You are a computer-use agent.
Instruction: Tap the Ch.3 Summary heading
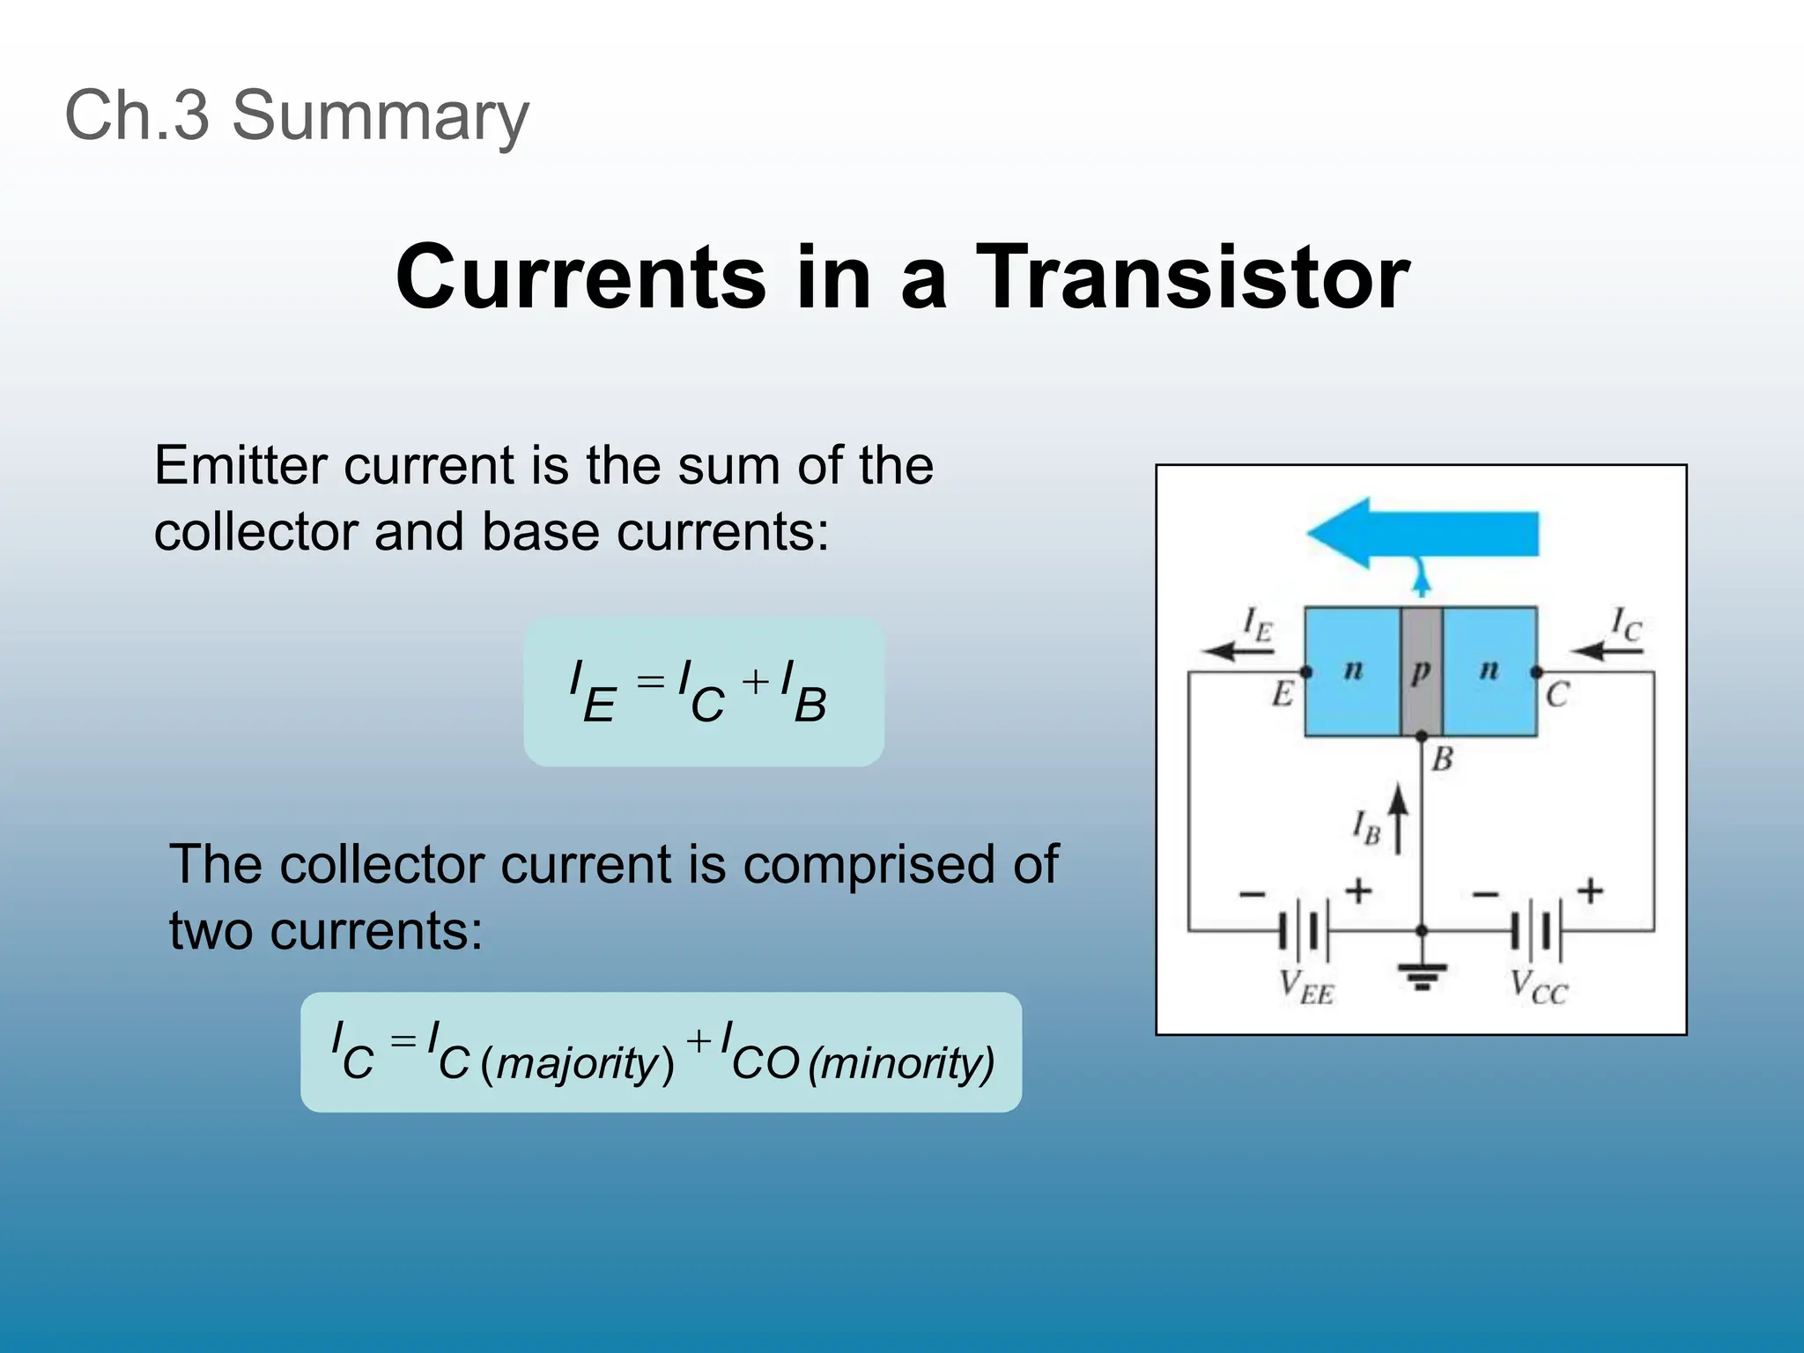297,115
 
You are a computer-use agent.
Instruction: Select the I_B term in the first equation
803,692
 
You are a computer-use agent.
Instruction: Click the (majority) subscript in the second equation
578,1063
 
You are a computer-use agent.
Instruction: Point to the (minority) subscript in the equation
901,1063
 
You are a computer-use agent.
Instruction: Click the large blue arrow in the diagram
1422,534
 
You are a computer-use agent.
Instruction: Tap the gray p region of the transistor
1421,671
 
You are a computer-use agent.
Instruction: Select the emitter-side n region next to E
1352,671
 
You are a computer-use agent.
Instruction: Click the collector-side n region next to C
1489,671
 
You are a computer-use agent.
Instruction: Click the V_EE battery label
1306,987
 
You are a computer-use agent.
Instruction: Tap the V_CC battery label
1538,987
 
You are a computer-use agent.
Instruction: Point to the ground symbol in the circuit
1422,974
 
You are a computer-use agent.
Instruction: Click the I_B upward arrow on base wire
1397,819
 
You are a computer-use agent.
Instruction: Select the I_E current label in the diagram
1257,624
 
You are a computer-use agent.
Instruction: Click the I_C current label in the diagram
1625,624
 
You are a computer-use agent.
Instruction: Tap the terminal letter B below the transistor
1442,758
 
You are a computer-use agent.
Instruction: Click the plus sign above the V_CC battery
1590,891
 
